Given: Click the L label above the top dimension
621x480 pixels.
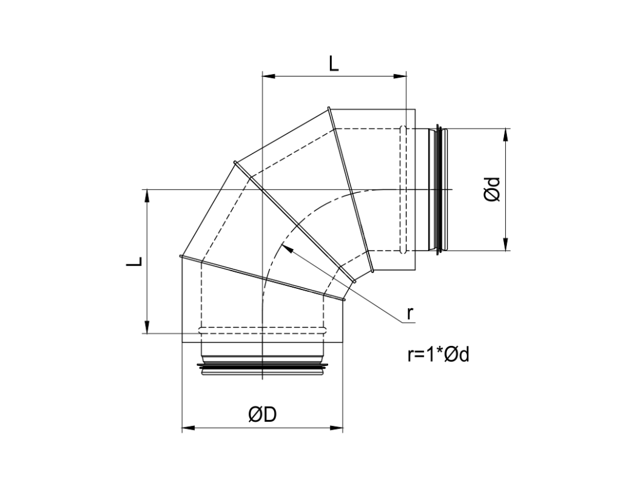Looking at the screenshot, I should pyautogui.click(x=334, y=63).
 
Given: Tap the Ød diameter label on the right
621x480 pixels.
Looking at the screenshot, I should pyautogui.click(x=492, y=189).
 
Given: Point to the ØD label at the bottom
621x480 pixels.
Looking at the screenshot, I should pyautogui.click(x=262, y=414).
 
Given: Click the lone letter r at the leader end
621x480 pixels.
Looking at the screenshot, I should pyautogui.click(x=410, y=313).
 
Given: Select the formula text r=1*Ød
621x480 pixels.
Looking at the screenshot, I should pyautogui.click(x=438, y=354).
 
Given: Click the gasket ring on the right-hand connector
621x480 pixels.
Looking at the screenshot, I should pyautogui.click(x=441, y=189).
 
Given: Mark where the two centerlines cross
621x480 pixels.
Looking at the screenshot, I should pyautogui.click(x=261, y=190).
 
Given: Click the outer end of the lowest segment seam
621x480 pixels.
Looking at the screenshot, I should pyautogui.click(x=181, y=257).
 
